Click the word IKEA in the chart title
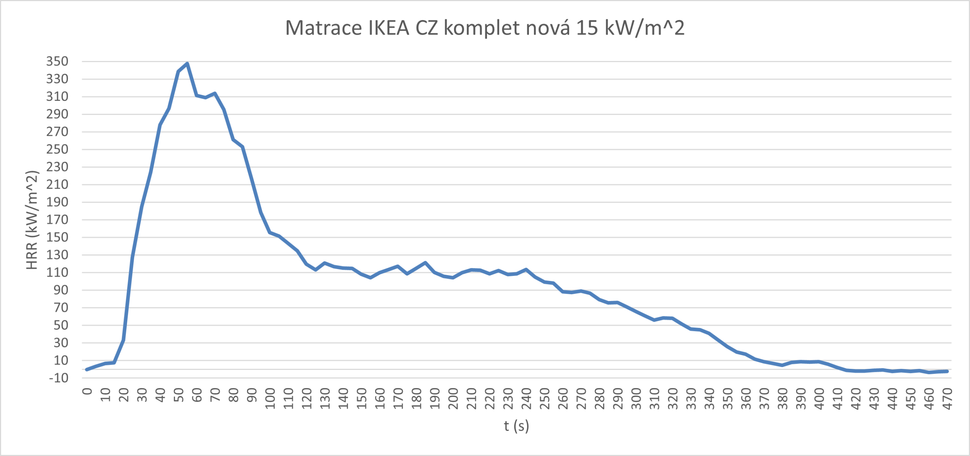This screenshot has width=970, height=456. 388,28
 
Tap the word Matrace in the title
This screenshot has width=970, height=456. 323,28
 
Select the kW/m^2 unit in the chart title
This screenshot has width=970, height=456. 645,28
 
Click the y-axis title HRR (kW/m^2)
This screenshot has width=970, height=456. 32,220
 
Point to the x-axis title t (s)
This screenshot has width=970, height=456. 516,426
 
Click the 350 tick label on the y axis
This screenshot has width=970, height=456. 57,61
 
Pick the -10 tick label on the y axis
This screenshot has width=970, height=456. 59,378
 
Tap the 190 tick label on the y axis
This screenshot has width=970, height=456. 57,202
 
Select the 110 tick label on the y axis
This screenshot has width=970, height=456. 57,273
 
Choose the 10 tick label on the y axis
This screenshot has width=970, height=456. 61,360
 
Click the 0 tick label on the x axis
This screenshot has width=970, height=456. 87,391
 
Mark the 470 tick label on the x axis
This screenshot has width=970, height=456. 947,398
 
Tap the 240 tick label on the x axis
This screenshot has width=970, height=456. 526,398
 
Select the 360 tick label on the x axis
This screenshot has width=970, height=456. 746,398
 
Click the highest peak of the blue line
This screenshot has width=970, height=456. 187,64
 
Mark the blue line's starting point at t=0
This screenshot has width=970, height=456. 87,369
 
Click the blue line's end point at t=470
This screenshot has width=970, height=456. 947,371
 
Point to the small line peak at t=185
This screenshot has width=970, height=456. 425,263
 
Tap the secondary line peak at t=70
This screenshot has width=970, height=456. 215,93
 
